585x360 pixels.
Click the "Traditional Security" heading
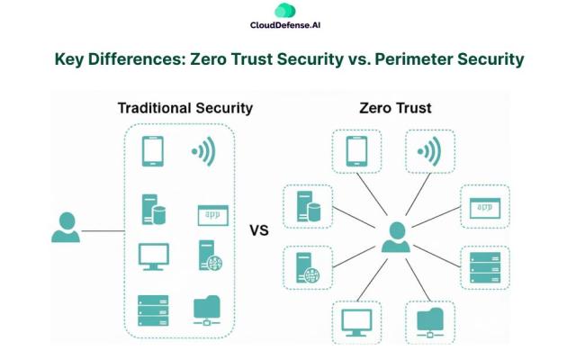click(184, 108)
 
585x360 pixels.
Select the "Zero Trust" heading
click(395, 108)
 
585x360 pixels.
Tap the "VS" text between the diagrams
click(259, 230)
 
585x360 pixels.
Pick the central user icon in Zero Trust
click(395, 236)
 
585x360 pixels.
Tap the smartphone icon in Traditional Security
click(152, 151)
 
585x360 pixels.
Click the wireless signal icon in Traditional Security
click(202, 151)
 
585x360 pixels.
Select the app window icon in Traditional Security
click(212, 214)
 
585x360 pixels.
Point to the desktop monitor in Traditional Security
click(153, 256)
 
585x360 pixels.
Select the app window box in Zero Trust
click(485, 206)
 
